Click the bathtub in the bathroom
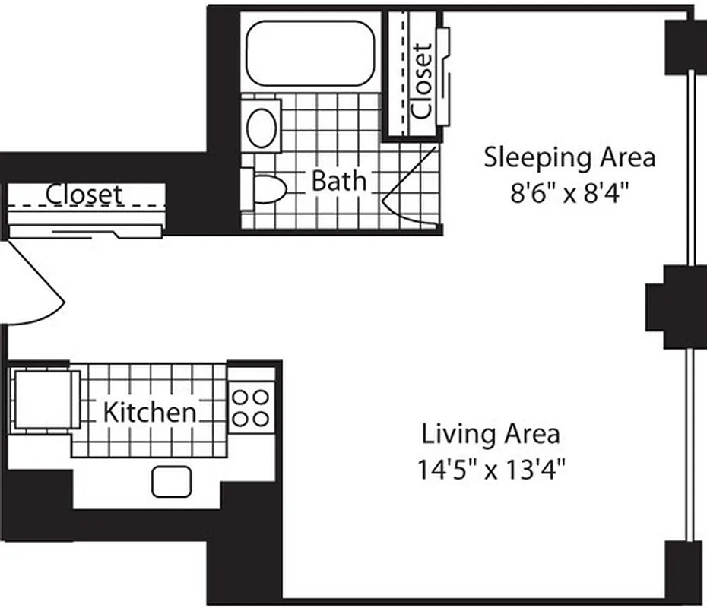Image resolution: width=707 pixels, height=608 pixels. (x=312, y=53)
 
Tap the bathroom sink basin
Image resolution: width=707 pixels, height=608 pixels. (x=263, y=126)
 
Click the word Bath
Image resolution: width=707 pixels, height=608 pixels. (x=339, y=181)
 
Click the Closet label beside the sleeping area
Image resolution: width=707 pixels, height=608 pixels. (x=421, y=80)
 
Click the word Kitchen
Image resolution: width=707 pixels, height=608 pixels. (x=149, y=413)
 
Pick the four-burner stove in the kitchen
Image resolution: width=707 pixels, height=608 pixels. (x=250, y=407)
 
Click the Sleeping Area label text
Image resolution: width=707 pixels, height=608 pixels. (x=570, y=158)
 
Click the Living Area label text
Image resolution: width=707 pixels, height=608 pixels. (x=491, y=434)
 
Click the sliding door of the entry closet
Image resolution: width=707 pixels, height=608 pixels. (x=85, y=229)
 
